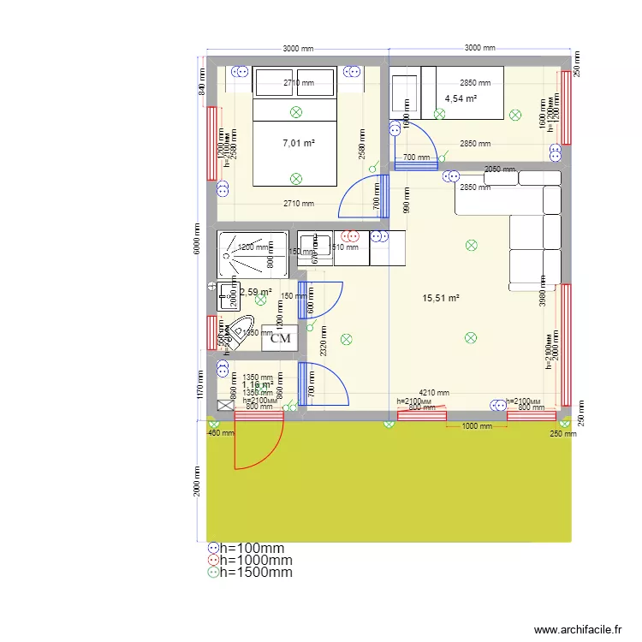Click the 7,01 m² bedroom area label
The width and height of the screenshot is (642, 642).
click(299, 143)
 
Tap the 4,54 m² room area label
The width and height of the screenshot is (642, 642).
click(461, 98)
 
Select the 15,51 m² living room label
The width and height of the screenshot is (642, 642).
click(441, 298)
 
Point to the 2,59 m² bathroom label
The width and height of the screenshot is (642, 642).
click(256, 292)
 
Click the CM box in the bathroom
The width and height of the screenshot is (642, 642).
click(280, 338)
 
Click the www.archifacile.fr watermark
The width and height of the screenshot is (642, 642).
click(579, 630)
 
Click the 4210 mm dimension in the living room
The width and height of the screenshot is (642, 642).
click(433, 393)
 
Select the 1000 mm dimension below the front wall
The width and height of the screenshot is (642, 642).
click(476, 425)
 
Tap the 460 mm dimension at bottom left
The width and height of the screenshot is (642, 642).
click(220, 433)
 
